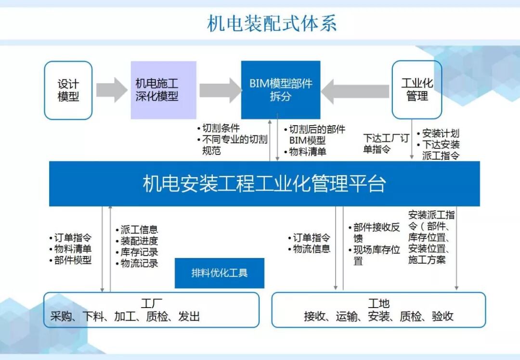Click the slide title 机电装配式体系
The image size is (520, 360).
click(x=272, y=23)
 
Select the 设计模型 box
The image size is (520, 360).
click(x=68, y=90)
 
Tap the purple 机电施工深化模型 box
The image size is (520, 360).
click(x=163, y=90)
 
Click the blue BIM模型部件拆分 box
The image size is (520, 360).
click(x=281, y=90)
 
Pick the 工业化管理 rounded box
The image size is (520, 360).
click(x=417, y=90)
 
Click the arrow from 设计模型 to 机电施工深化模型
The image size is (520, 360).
click(x=112, y=90)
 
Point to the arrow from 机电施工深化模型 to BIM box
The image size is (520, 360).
click(x=220, y=90)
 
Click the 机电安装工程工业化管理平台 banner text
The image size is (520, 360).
click(x=264, y=184)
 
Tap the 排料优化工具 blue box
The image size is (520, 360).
click(x=219, y=273)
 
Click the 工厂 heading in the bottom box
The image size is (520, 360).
click(x=151, y=304)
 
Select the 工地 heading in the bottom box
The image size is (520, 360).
click(x=378, y=304)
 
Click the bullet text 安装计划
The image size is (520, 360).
click(x=441, y=133)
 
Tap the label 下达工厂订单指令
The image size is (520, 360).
click(x=386, y=144)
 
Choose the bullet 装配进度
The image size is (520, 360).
click(x=139, y=241)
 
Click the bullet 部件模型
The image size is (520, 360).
click(x=73, y=260)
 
